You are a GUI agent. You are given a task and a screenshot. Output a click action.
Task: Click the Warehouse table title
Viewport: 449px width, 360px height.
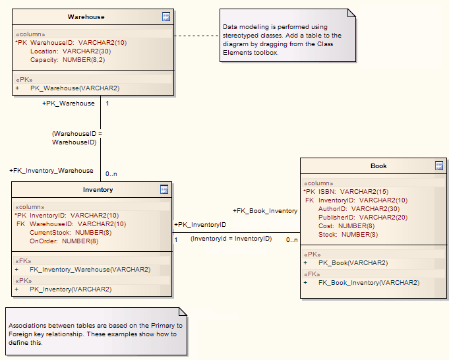[86, 16]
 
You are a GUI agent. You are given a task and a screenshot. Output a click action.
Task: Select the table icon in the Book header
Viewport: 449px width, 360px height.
[439, 165]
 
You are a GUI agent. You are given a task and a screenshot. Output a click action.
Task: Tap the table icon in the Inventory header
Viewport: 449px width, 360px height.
[165, 189]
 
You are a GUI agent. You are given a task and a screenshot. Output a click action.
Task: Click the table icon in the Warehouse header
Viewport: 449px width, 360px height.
[166, 16]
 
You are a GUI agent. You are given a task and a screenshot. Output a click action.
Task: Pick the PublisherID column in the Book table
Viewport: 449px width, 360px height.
[363, 217]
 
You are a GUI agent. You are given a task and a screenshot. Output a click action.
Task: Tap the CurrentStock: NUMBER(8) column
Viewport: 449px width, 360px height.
[71, 232]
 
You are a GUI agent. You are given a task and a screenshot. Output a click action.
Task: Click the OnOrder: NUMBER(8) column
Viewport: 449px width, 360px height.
[64, 241]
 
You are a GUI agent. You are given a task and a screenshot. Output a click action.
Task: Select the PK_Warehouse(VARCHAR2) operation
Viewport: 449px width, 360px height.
[75, 87]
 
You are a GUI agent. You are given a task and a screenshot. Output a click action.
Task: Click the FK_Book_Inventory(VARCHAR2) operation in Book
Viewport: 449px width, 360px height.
[369, 282]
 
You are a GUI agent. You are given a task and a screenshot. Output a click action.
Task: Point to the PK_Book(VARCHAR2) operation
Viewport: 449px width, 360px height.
[353, 262]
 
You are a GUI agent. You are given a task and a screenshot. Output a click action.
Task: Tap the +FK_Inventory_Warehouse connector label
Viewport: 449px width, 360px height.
[51, 170]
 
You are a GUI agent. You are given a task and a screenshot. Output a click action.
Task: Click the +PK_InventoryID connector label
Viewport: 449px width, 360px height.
[200, 225]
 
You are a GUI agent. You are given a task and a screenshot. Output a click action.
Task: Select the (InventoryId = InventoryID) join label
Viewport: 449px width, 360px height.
[231, 238]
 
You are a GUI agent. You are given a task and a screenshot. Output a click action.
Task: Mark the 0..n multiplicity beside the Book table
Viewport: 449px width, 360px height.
[291, 239]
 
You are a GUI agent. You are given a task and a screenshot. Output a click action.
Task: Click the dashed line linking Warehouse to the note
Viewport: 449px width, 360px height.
[196, 35]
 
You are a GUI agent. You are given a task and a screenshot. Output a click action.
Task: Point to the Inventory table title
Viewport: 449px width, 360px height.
[98, 189]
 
